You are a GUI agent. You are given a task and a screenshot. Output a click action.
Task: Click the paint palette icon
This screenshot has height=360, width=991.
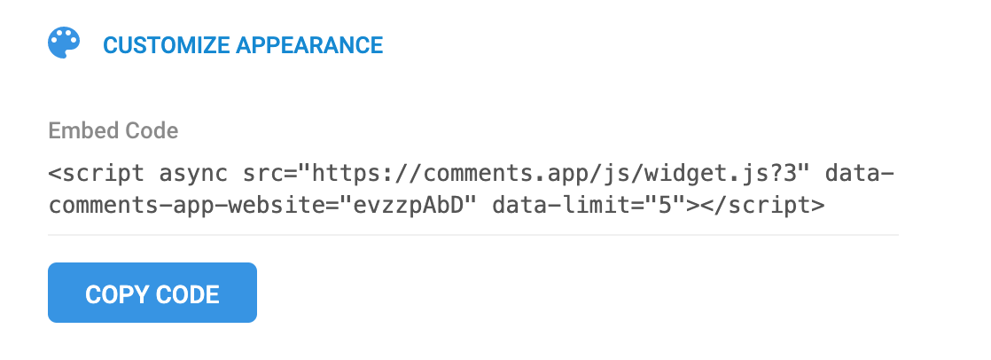64,43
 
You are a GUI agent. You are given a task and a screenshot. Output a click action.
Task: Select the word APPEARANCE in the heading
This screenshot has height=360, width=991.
309,45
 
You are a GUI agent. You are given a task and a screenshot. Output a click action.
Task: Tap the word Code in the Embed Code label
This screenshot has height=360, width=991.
152,130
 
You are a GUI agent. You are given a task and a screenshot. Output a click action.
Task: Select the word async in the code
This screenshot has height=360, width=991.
192,173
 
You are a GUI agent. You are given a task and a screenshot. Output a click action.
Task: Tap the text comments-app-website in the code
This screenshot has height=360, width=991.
187,206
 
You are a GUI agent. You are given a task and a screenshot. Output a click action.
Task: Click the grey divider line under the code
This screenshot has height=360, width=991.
473,235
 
